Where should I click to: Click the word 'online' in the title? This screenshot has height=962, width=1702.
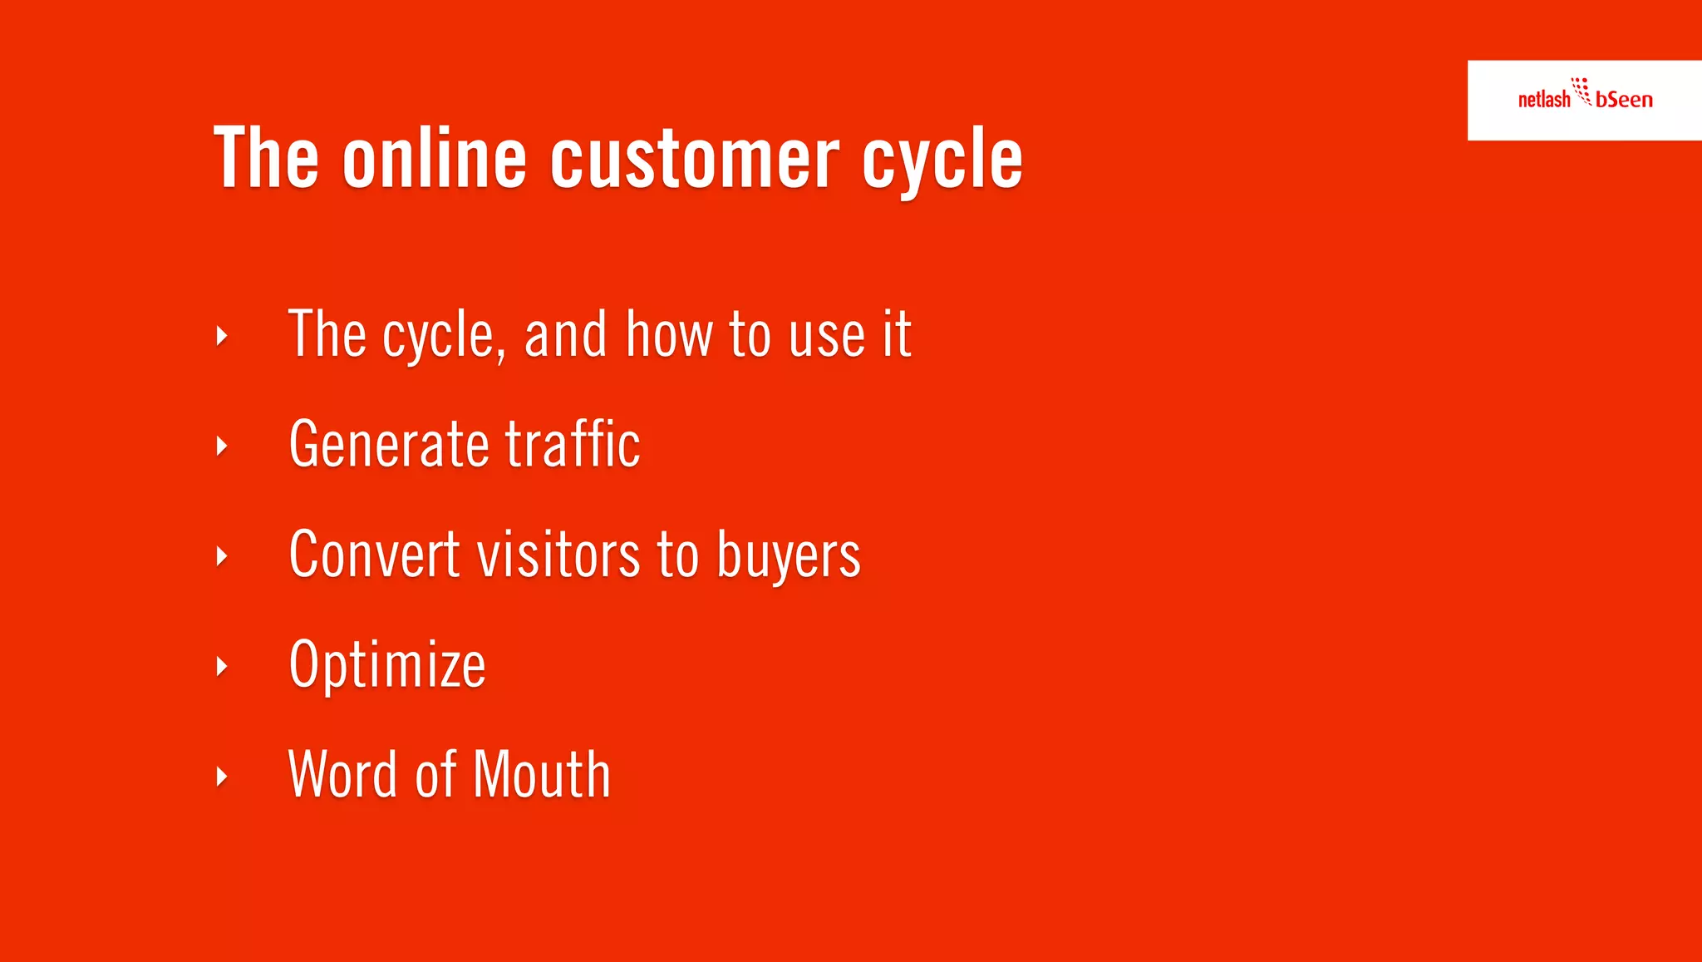435,158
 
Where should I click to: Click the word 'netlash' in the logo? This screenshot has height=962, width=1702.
1543,100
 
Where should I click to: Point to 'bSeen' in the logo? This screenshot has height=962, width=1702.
1624,100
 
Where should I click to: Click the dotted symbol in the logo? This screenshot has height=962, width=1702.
1581,91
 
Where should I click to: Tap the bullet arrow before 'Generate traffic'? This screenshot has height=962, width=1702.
222,446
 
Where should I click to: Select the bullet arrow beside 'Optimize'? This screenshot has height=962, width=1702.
222,666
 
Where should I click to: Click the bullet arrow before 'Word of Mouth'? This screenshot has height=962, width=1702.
222,777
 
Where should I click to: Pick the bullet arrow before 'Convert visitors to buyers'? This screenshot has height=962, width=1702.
222,556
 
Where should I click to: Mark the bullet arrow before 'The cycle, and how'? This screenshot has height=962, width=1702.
222,336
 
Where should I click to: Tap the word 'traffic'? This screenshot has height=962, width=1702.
573,444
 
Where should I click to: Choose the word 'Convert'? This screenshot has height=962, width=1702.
374,555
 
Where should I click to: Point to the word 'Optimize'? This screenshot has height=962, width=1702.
387,666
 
